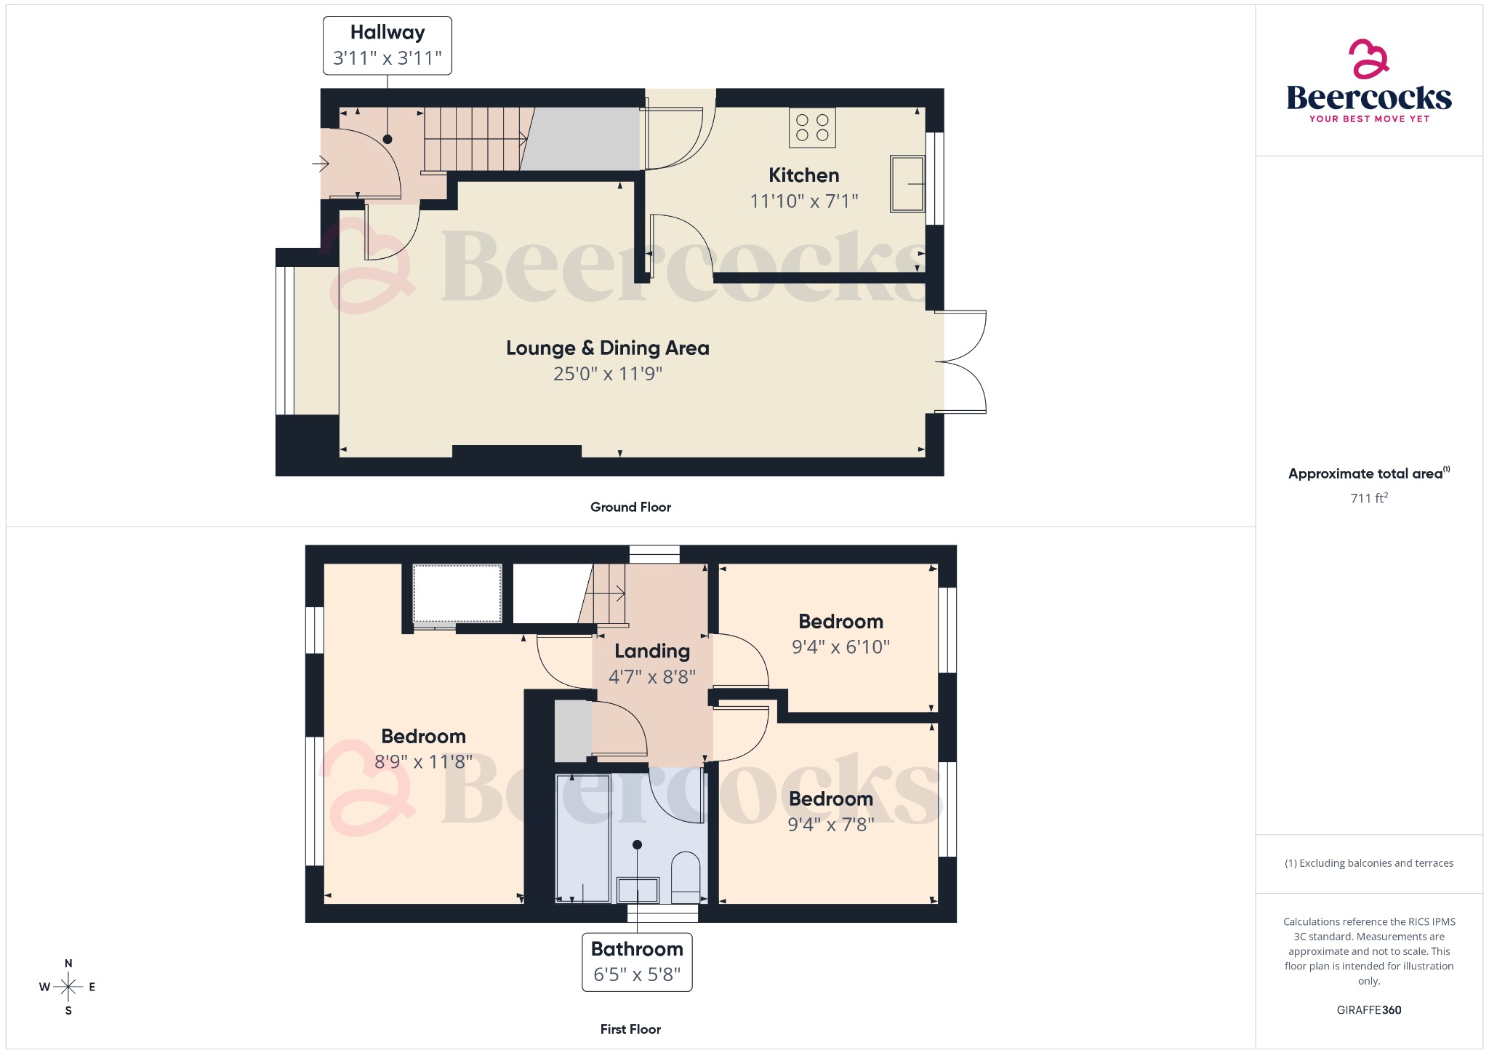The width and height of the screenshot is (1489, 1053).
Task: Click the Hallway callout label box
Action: click(x=387, y=45)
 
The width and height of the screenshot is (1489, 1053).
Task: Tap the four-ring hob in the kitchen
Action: click(x=812, y=128)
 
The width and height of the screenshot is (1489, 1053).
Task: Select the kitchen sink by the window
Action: click(x=907, y=184)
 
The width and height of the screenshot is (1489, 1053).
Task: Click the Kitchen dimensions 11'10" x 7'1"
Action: click(x=803, y=201)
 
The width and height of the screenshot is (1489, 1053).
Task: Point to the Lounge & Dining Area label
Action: click(x=607, y=348)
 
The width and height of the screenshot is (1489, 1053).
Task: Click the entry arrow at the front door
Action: click(x=321, y=164)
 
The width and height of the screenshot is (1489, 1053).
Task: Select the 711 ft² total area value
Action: click(x=1368, y=498)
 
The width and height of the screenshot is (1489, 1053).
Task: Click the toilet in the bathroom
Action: click(x=685, y=876)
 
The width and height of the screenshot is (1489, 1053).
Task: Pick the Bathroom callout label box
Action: click(x=637, y=961)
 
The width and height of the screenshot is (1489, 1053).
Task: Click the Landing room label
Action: click(x=651, y=651)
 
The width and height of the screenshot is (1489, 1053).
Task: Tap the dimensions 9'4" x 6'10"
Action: click(x=840, y=646)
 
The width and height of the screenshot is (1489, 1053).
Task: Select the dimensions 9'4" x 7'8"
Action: click(x=830, y=824)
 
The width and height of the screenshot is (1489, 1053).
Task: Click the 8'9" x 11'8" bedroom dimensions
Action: click(x=423, y=761)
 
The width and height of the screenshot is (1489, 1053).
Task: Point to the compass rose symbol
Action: click(x=68, y=987)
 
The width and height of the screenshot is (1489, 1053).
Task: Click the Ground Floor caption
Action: click(x=630, y=507)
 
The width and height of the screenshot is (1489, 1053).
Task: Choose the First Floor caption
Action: click(x=630, y=1029)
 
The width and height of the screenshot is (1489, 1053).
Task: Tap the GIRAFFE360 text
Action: click(x=1368, y=1009)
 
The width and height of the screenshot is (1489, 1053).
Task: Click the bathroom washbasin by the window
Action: click(x=638, y=889)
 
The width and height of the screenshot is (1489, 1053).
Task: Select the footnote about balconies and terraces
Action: click(x=1368, y=863)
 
